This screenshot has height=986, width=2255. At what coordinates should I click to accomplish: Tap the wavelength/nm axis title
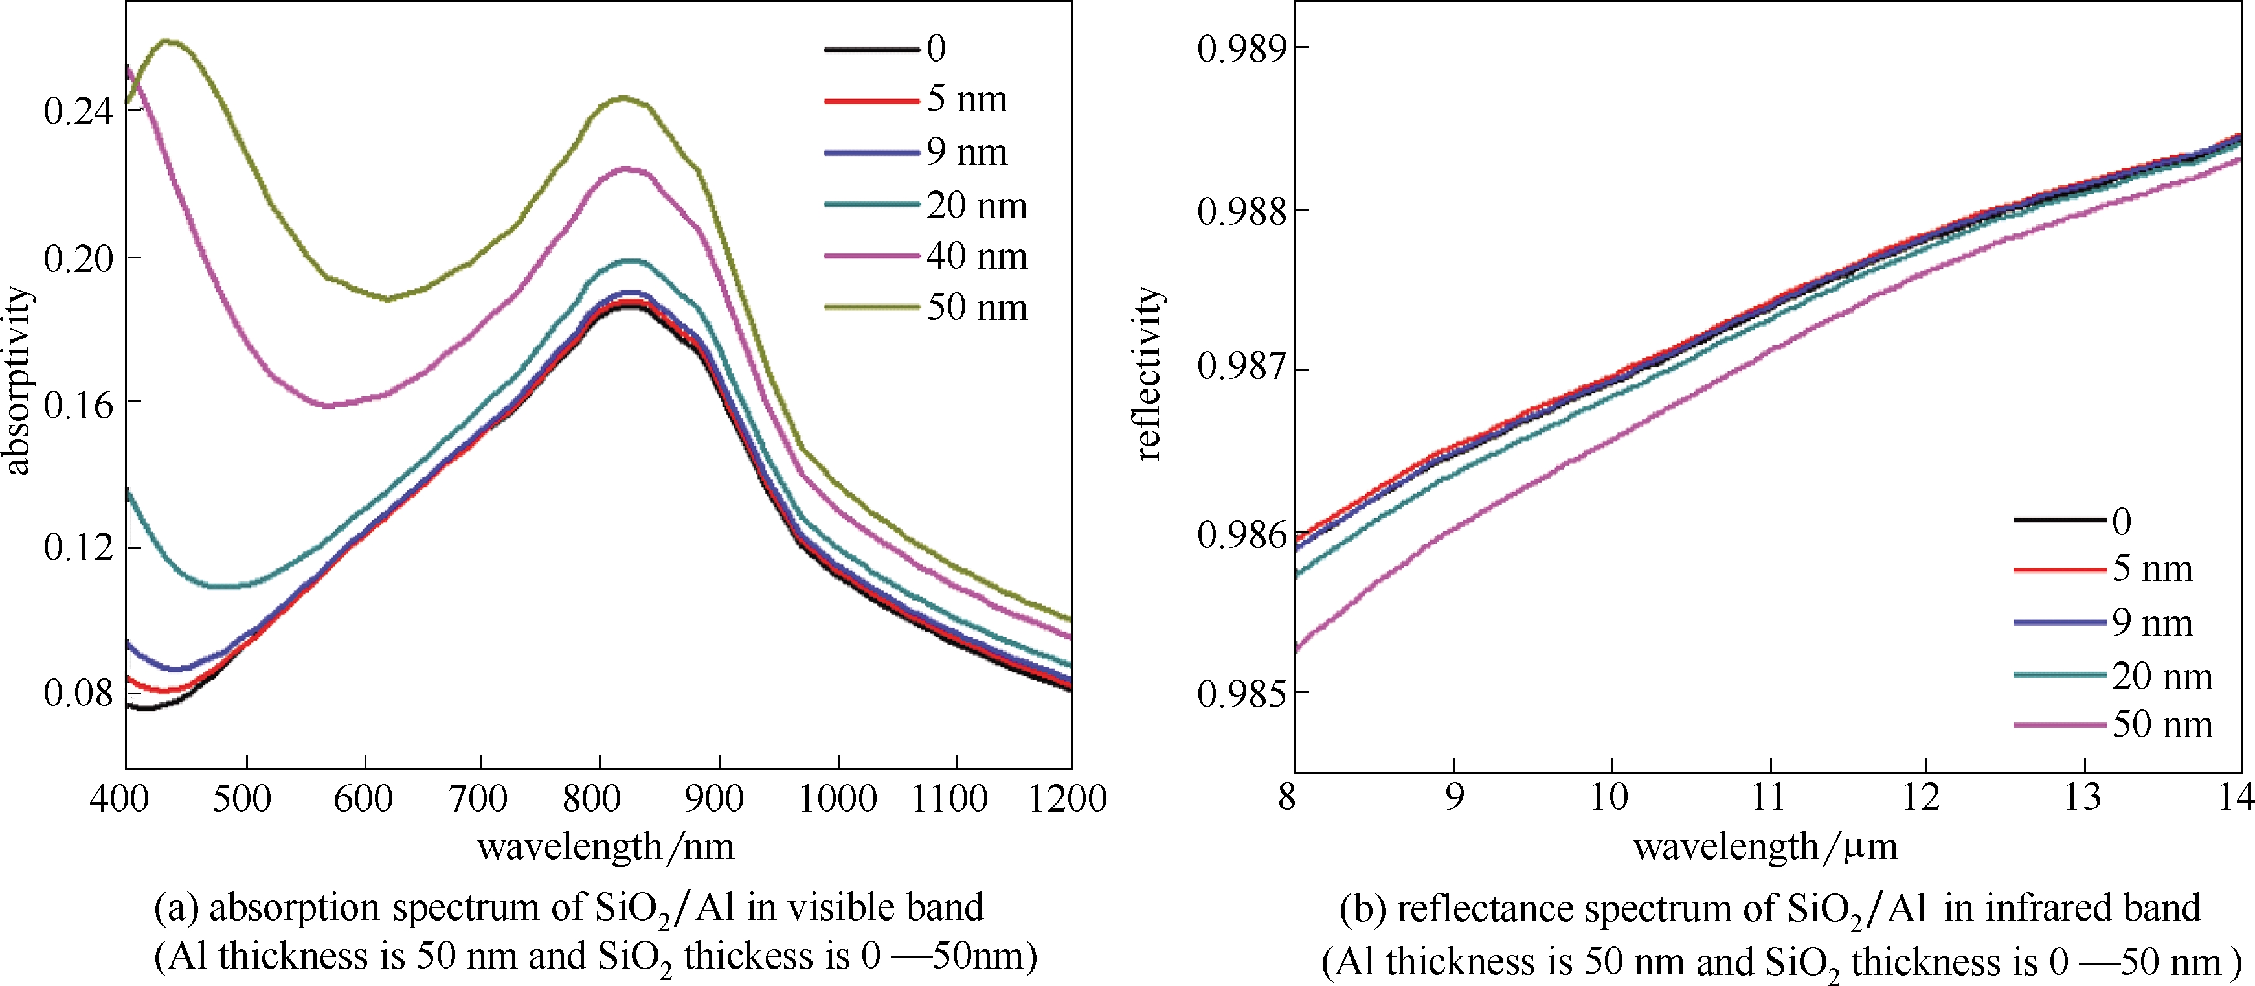pos(606,847)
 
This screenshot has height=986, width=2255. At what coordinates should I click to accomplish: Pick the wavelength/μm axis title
pos(1766,847)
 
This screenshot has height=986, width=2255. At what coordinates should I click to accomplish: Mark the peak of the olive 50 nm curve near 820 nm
pos(624,98)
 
